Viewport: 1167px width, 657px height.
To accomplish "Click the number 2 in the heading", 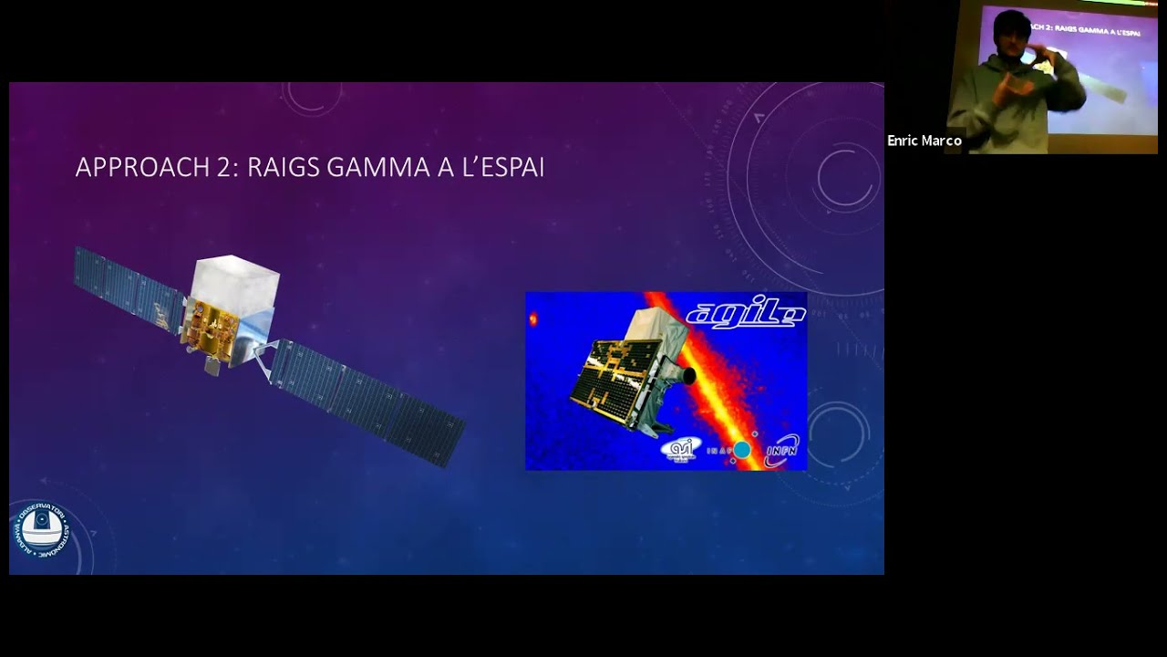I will point(227,168).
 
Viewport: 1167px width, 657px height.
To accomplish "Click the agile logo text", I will point(745,313).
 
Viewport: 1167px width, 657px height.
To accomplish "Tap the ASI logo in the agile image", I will point(680,449).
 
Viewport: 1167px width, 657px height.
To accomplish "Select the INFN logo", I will point(782,450).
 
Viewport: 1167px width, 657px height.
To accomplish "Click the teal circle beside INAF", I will point(742,450).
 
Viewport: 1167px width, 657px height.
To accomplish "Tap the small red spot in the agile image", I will point(533,319).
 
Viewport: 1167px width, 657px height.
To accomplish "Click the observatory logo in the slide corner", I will point(41,528).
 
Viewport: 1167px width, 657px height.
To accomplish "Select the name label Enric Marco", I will point(924,141).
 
